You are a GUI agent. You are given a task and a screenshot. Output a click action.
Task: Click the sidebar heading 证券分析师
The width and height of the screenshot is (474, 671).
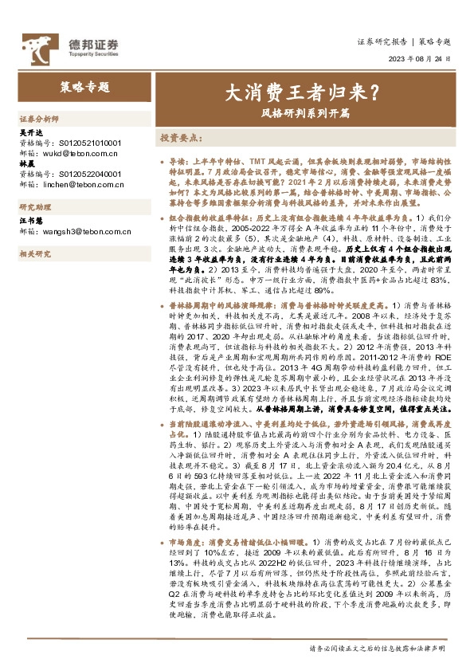39,117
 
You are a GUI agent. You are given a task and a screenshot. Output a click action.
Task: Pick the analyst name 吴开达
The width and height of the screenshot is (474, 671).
28,131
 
